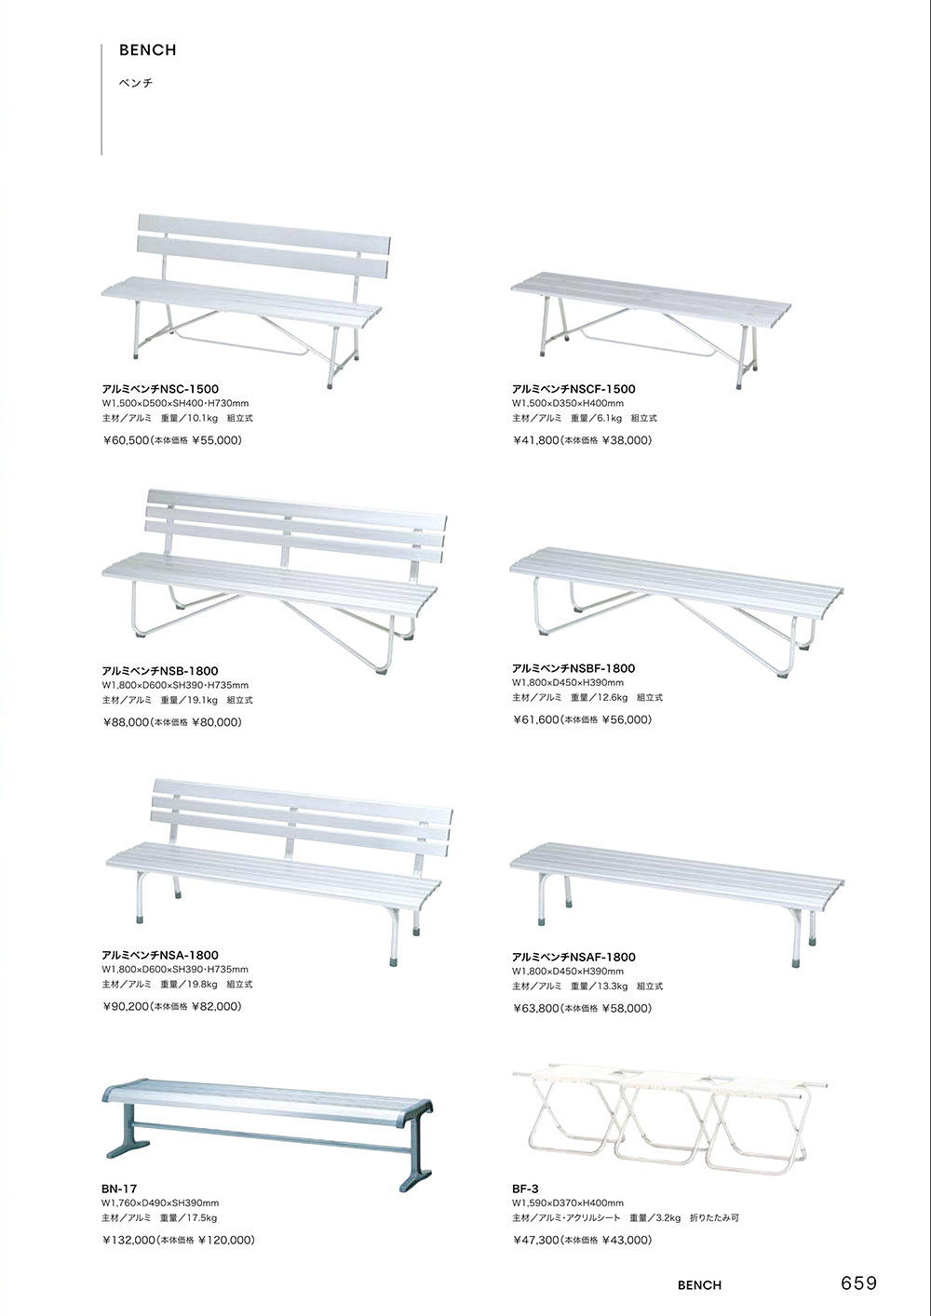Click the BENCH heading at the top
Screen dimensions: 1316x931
[147, 51]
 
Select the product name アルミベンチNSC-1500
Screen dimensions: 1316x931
[160, 389]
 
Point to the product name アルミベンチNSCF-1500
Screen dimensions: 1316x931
[573, 389]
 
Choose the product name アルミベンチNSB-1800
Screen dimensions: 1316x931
[160, 670]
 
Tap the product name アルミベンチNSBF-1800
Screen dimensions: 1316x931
[573, 668]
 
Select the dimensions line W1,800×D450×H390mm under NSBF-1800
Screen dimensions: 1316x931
[568, 682]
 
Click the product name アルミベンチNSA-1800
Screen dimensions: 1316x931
[160, 955]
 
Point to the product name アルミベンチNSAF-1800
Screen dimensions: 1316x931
[573, 957]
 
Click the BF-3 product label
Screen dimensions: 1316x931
[526, 1188]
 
